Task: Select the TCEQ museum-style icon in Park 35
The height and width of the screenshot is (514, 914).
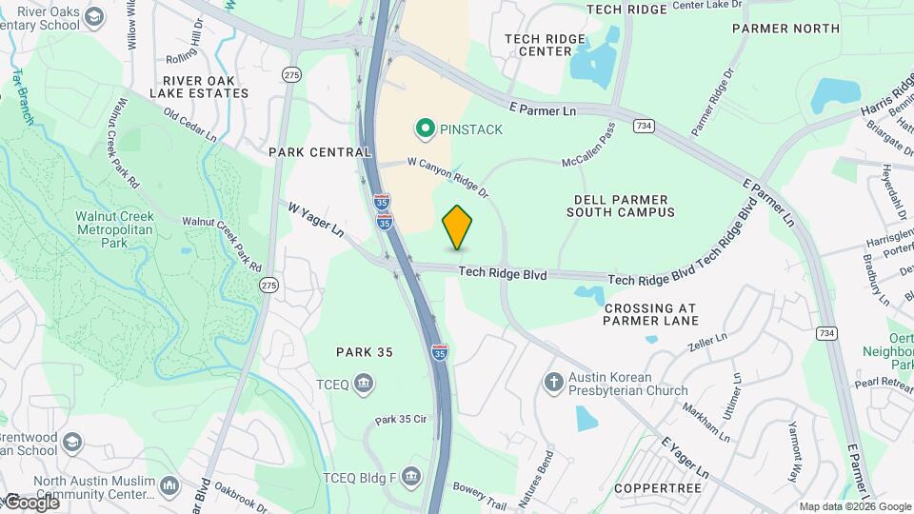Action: point(363,384)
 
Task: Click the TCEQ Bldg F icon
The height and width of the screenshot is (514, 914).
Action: point(410,475)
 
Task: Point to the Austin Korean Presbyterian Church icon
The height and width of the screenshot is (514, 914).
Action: point(554,383)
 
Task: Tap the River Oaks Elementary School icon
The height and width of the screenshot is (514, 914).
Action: point(95,16)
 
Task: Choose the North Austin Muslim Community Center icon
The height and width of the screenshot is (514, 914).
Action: point(169,485)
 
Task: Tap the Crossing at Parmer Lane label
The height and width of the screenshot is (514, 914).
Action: point(650,314)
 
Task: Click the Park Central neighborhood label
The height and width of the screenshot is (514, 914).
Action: point(320,152)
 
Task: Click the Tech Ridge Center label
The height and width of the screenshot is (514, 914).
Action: point(538,44)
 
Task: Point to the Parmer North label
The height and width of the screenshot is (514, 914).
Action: point(786,29)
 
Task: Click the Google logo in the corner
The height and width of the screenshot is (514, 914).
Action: point(30,502)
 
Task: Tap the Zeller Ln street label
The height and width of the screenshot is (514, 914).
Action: point(707,338)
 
